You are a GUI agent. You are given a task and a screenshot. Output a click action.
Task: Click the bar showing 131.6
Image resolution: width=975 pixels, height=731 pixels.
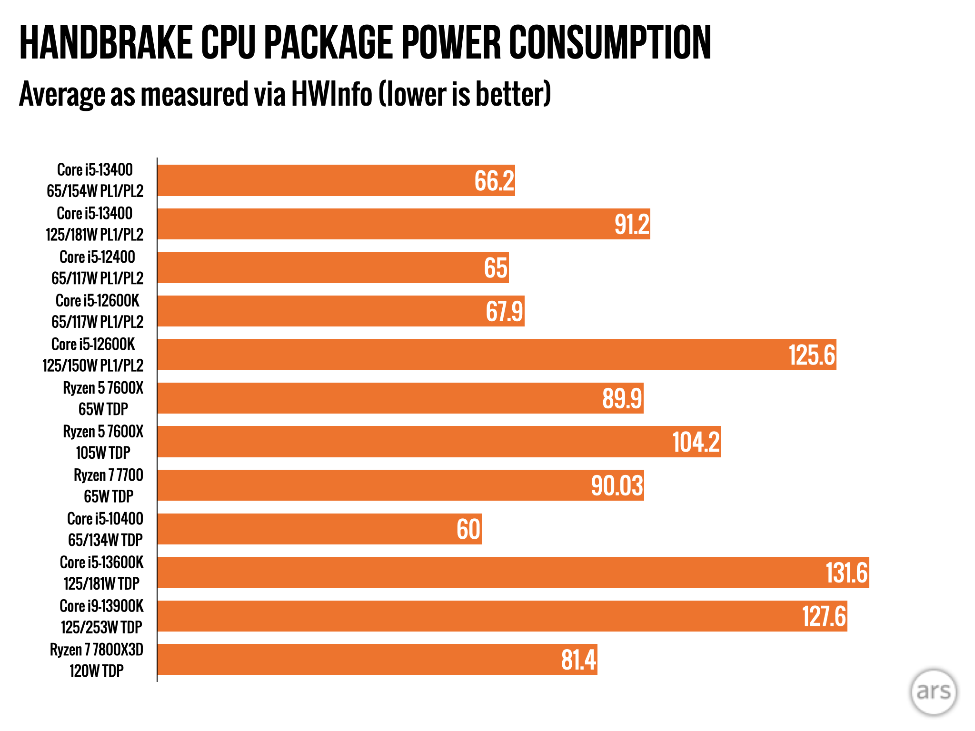tap(513, 573)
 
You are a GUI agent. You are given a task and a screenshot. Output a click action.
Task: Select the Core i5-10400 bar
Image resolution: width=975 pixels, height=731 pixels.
tap(319, 529)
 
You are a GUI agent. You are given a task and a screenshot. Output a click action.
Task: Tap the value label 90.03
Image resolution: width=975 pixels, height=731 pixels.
tap(617, 485)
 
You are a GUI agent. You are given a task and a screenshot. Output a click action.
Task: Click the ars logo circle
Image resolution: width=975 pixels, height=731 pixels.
tap(933, 691)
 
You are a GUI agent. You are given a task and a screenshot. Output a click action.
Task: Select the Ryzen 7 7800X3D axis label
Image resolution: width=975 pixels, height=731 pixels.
tap(97, 660)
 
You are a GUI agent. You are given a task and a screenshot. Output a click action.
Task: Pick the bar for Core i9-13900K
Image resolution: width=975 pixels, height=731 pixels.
tap(502, 616)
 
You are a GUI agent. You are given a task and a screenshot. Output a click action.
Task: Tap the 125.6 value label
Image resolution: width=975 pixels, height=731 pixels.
tap(812, 355)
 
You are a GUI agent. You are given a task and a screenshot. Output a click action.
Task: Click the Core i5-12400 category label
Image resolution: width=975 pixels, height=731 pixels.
tap(97, 267)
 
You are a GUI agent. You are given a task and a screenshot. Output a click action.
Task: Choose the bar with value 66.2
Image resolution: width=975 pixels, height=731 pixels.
tap(336, 180)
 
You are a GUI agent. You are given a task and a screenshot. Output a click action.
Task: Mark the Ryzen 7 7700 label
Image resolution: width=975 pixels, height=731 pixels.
tap(109, 485)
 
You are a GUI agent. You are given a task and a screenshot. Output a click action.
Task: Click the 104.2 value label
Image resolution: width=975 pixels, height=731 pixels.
tap(696, 442)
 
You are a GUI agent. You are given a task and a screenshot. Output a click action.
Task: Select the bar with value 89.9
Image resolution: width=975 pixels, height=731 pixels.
tap(400, 398)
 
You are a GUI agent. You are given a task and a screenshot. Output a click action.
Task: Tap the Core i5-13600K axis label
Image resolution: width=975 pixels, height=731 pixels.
tap(101, 573)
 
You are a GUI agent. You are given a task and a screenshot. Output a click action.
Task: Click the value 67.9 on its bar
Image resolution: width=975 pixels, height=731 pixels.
tap(504, 311)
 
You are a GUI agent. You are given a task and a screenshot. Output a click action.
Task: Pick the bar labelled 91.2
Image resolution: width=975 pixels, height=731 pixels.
tap(404, 224)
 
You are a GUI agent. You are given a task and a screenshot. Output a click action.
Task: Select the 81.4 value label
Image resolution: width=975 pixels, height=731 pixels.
tap(578, 660)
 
